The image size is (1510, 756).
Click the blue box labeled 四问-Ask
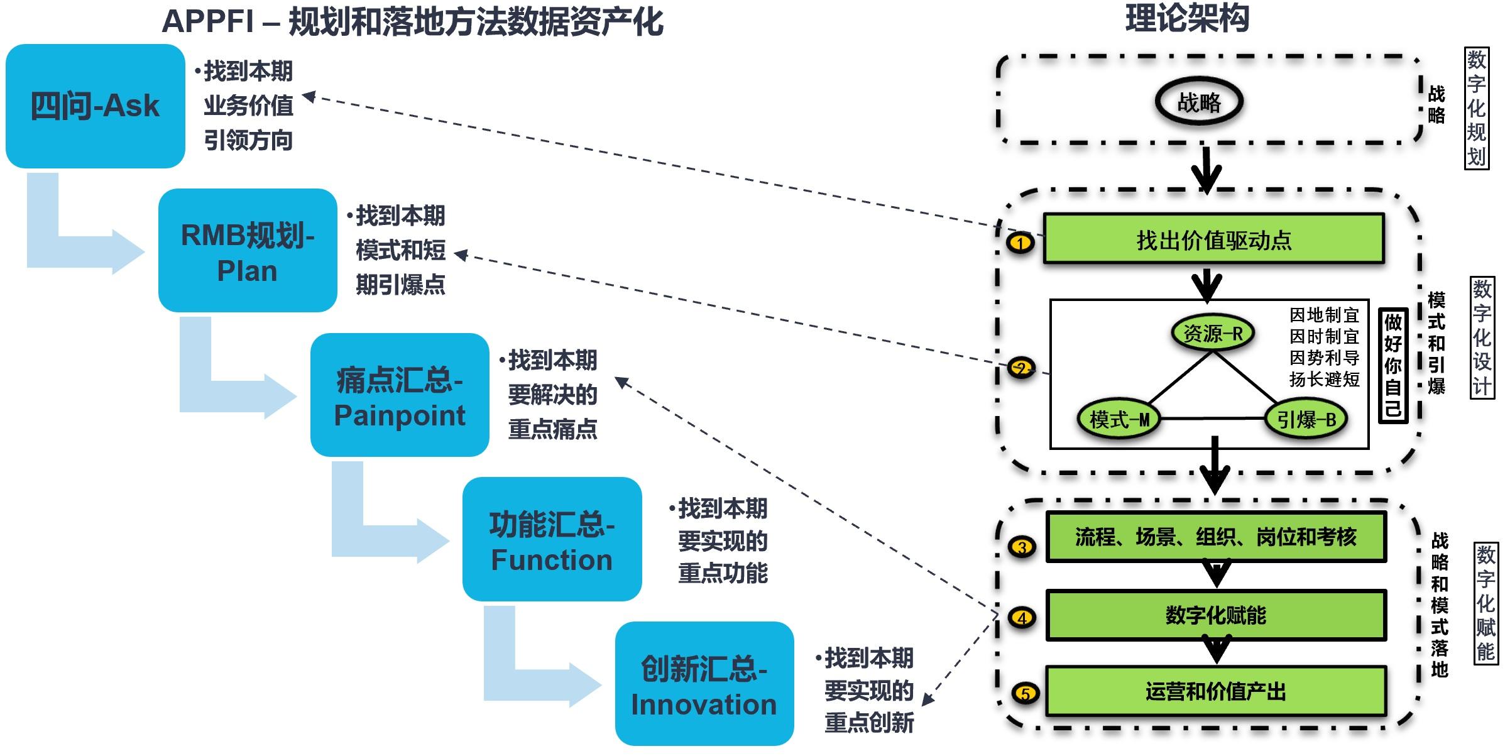[x=95, y=106]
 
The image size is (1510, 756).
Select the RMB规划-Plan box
[x=248, y=251]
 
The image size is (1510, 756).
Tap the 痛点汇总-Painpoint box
[x=400, y=395]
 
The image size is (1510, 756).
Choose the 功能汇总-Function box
[x=552, y=539]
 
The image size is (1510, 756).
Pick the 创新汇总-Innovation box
[x=704, y=684]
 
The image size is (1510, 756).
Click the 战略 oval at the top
[x=1199, y=102]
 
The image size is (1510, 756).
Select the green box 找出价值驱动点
[x=1213, y=239]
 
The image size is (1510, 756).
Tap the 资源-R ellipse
[x=1213, y=333]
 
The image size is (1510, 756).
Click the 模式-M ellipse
[x=1119, y=419]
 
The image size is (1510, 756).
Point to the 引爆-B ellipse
[x=1306, y=419]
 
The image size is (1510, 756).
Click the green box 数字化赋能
[x=1216, y=615]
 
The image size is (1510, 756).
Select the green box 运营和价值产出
[x=1216, y=691]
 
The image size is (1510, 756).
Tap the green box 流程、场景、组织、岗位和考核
[x=1216, y=537]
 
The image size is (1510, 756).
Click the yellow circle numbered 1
[x=1020, y=243]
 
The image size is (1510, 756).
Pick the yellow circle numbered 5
[x=1026, y=694]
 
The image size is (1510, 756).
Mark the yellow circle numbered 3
[x=1022, y=547]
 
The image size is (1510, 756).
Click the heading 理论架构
[x=1187, y=18]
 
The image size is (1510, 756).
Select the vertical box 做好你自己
[x=1392, y=366]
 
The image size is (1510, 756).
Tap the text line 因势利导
[x=1324, y=358]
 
